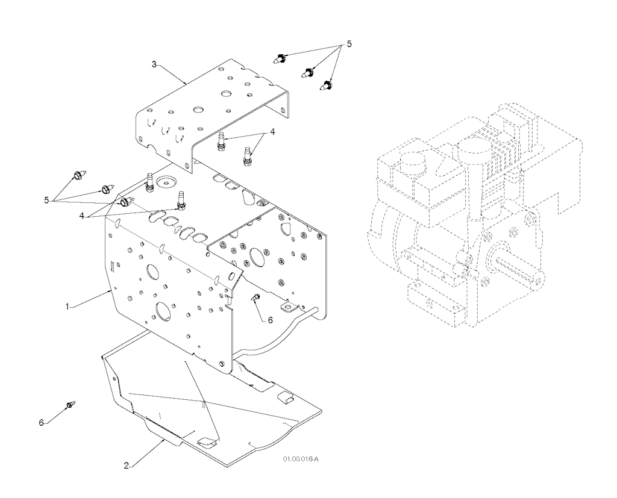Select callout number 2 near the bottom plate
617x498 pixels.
click(x=127, y=465)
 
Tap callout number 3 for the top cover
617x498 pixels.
click(x=154, y=64)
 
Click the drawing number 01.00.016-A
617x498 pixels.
click(x=300, y=459)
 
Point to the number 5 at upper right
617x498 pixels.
click(x=349, y=44)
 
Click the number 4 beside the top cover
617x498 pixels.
click(x=272, y=132)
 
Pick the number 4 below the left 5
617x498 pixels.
click(x=82, y=216)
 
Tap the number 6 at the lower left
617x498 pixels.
click(x=41, y=423)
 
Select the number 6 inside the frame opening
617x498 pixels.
click(x=270, y=320)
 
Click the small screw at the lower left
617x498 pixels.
click(x=70, y=405)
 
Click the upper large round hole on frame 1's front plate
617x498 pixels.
click(x=152, y=271)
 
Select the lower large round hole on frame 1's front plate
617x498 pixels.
click(x=163, y=310)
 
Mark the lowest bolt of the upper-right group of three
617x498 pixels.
click(x=327, y=84)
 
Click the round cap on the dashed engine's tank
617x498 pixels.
click(x=413, y=161)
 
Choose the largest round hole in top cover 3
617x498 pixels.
click(x=227, y=94)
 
